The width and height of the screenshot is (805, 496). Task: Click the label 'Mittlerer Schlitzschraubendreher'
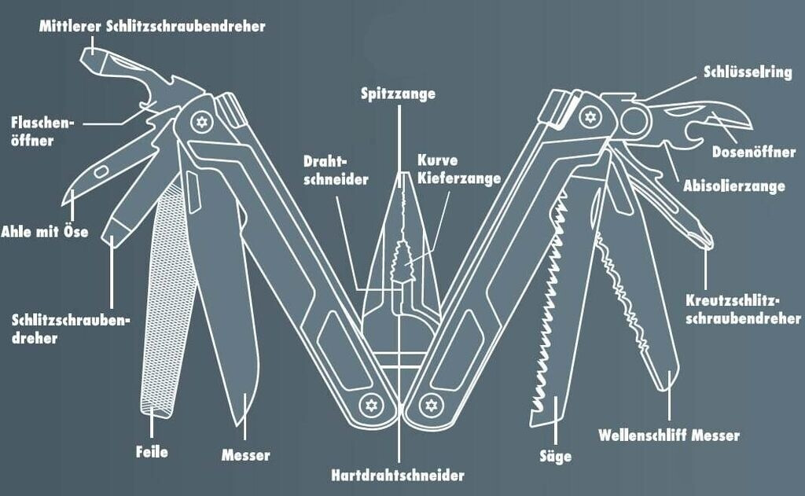tap(152, 26)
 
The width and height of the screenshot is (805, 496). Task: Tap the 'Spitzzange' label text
tap(398, 94)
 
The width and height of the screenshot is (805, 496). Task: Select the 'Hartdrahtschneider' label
tap(398, 475)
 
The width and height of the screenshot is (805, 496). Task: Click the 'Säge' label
tap(556, 455)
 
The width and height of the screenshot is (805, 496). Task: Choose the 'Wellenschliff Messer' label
tap(668, 435)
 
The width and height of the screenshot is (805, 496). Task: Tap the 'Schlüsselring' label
tap(748, 72)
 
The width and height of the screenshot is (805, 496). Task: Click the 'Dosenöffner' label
tap(753, 152)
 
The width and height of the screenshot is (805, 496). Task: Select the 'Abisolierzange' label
tap(734, 186)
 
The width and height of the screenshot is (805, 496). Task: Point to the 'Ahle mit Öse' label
tap(45, 232)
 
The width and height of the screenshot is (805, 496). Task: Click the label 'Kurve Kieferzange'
tap(459, 169)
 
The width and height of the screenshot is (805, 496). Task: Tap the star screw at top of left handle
tap(201, 123)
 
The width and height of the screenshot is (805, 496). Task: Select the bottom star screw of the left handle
tap(369, 405)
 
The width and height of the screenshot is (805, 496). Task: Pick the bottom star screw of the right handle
tap(428, 405)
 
